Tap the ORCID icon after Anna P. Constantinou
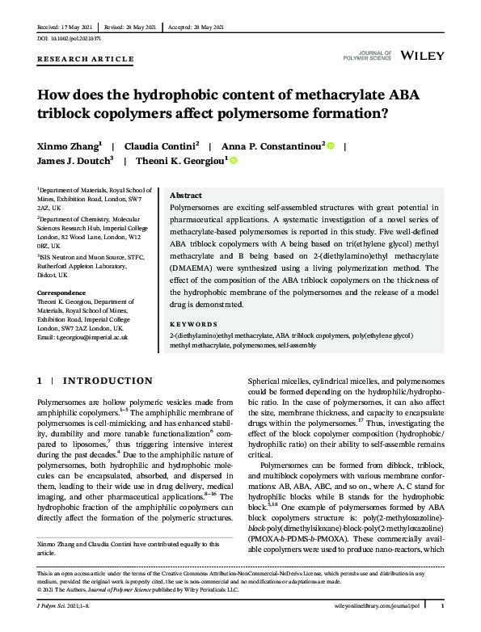click(329, 145)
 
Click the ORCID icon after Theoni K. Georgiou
click(234, 162)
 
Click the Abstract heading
click(186, 196)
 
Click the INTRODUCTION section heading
click(107, 381)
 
